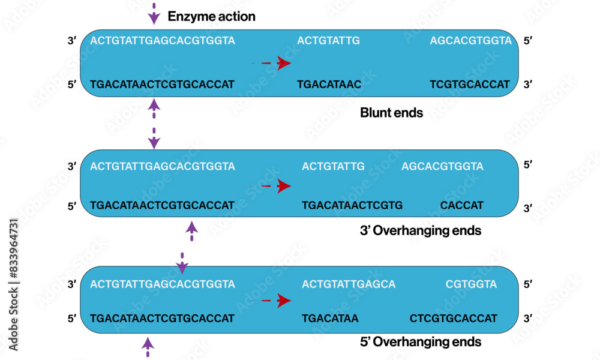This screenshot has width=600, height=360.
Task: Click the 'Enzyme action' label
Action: [x=211, y=16]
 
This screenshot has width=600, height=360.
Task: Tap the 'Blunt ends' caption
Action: [x=391, y=112]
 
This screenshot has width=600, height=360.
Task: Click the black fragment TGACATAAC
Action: [x=329, y=85]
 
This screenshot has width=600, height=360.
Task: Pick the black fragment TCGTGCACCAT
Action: [x=469, y=85]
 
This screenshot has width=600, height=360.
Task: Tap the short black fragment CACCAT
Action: [x=461, y=205]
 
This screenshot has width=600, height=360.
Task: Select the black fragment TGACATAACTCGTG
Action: [x=352, y=205]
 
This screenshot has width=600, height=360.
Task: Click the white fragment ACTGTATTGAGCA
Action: [x=349, y=284]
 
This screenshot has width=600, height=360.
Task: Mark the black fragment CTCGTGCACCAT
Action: [x=454, y=318]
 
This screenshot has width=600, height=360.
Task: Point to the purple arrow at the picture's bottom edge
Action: [x=148, y=346]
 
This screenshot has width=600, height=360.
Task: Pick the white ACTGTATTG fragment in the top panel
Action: [x=328, y=41]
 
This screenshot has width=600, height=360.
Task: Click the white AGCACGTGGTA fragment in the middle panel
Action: [x=442, y=166]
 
